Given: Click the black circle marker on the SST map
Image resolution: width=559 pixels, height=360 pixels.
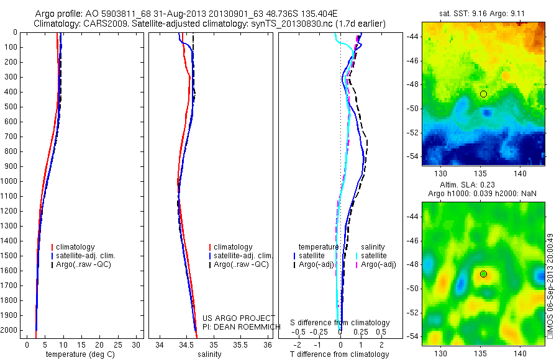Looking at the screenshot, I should click(x=483, y=94).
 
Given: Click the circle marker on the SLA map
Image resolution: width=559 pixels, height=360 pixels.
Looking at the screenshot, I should click(x=483, y=274).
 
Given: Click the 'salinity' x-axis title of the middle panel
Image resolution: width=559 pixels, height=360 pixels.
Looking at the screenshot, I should click(x=209, y=354).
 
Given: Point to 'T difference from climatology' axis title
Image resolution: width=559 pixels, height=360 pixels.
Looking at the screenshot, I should click(x=339, y=354).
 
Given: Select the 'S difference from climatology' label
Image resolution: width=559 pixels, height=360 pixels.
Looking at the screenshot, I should click(x=340, y=323).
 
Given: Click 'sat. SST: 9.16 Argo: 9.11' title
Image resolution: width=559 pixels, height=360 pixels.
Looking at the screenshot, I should click(x=483, y=11).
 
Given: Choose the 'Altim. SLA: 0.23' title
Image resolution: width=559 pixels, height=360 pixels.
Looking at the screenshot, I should click(x=483, y=186).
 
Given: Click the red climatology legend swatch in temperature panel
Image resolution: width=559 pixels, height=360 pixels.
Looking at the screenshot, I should click(x=52, y=247).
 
